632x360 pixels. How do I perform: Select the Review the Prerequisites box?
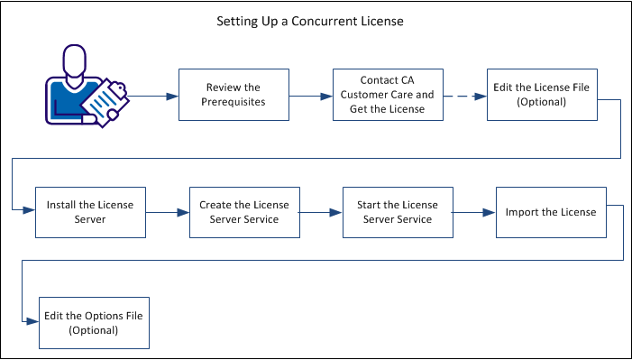pos(234,95)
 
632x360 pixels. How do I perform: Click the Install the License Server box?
pos(90,212)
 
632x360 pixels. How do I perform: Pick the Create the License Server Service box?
pos(243,212)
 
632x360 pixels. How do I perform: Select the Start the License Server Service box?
pos(397,212)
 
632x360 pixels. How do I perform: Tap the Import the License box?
pos(550,212)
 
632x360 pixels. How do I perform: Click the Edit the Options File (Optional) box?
pos(94,323)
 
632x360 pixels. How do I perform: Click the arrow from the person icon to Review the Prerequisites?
pos(155,94)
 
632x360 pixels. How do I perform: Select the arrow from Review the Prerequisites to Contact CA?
pos(310,94)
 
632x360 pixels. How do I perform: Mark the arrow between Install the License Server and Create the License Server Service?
pos(167,212)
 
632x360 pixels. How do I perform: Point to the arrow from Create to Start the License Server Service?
pos(320,212)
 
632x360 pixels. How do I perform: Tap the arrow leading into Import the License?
pos(473,212)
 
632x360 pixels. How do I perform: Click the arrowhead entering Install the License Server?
pos(30,209)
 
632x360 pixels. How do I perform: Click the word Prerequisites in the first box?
pos(234,102)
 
